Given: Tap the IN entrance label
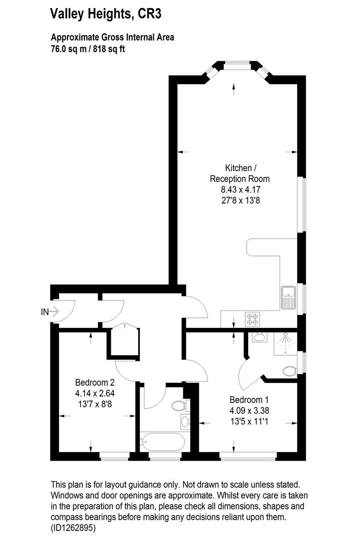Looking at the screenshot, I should tap(45, 312).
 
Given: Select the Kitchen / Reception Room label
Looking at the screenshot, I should tap(240, 173).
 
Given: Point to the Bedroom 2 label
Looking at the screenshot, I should tap(95, 383).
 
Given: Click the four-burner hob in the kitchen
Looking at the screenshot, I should tap(252, 318).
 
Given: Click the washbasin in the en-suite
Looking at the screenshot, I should tap(259, 338).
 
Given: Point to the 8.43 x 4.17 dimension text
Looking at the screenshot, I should tap(240, 190).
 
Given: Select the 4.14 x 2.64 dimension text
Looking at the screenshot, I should tap(95, 393).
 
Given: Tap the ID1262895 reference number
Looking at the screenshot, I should tap(73, 527).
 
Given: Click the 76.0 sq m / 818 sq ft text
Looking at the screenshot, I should tap(87, 49).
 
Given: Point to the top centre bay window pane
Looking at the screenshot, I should tap(235, 63).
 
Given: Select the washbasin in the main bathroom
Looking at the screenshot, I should tap(185, 422).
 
